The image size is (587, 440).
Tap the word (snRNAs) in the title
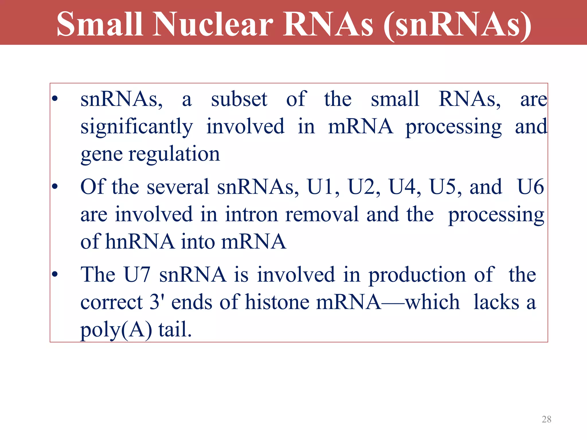coord(457,25)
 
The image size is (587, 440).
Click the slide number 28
coord(546,419)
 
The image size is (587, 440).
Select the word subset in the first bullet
coord(239,99)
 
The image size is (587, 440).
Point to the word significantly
coord(137,127)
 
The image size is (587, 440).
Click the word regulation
coord(174,154)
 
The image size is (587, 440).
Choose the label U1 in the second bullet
coord(323,187)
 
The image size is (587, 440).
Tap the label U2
coord(364,187)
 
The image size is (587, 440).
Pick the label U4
coord(404,187)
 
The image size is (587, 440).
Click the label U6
coord(530,187)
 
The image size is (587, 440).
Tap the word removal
coord(322,214)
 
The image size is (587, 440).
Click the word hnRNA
coord(140,241)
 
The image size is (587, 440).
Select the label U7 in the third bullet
coord(137,274)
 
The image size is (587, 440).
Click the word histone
coord(277,302)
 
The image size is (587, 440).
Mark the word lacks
coord(496,302)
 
